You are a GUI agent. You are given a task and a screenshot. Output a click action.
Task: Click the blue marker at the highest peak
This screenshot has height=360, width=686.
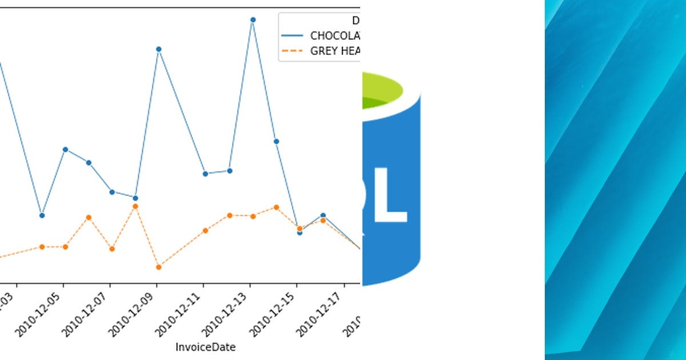253,19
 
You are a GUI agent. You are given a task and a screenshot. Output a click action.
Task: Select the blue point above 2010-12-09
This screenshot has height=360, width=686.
158,49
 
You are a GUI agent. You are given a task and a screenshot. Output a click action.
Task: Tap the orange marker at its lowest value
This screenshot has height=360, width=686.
158,267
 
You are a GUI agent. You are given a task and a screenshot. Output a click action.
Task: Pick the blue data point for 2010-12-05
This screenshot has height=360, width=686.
65,149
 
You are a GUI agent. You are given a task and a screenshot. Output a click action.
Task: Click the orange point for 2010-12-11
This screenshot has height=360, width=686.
205,230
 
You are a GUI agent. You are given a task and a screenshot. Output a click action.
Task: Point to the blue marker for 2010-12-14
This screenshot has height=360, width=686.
276,141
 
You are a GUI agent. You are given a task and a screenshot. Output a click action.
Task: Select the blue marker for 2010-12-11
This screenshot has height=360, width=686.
205,174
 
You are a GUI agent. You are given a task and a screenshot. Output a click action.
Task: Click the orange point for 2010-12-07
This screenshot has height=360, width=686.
112,249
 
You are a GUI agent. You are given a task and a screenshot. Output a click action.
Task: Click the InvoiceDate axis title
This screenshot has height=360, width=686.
205,347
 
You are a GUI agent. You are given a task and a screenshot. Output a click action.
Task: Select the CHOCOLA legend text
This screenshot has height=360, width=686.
334,35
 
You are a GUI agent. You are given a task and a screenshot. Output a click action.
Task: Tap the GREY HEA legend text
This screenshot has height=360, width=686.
334,51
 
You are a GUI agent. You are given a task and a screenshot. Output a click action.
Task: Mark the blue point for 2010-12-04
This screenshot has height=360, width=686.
42,215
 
